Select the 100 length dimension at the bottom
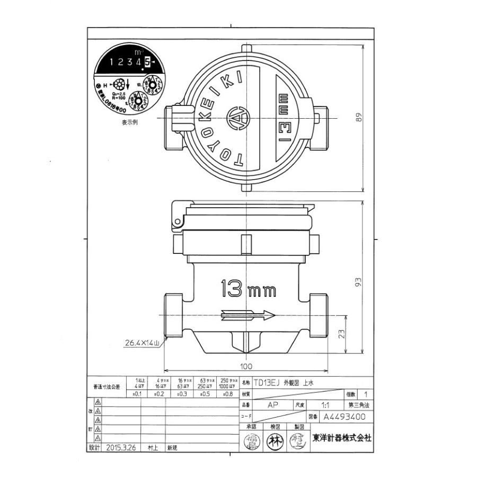click(245, 366)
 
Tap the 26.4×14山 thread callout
click(142, 343)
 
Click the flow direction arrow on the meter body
click(248, 315)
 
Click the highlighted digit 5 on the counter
click(147, 62)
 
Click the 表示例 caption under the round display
click(129, 122)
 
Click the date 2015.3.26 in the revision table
click(121, 447)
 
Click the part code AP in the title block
click(272, 404)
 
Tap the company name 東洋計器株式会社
click(341, 438)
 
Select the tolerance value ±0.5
click(204, 394)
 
